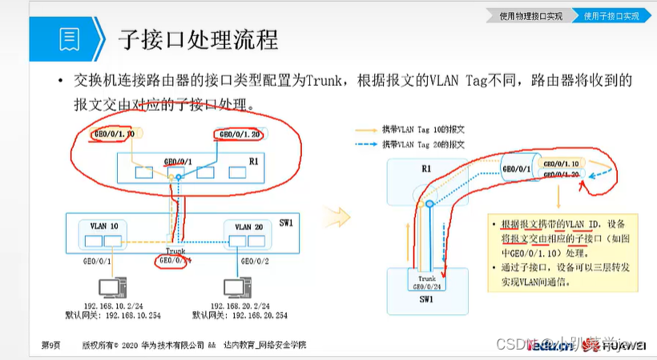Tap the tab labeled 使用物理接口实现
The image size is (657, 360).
pyautogui.click(x=530, y=15)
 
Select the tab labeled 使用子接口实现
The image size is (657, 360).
pyautogui.click(x=611, y=15)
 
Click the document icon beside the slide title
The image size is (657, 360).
pyautogui.click(x=70, y=38)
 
